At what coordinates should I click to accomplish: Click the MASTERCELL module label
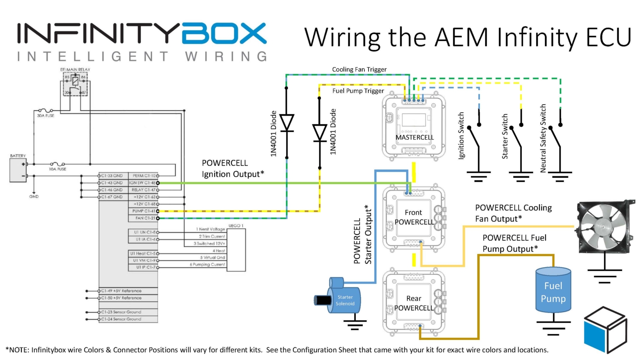[x=414, y=137]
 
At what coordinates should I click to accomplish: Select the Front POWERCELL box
[x=414, y=217]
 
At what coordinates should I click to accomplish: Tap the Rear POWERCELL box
[x=414, y=303]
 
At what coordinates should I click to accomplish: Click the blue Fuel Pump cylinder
[x=553, y=290]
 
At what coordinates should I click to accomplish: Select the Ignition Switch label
[x=461, y=135]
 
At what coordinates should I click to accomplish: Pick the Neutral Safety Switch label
[x=543, y=138]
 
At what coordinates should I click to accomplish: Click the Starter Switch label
[x=505, y=136]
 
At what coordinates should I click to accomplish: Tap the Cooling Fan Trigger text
[x=359, y=70]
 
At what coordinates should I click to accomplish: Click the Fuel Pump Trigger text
[x=358, y=91]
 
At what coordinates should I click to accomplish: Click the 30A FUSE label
[x=45, y=115]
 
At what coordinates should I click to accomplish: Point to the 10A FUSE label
[x=57, y=169]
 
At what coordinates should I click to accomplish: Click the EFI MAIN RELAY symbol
[x=75, y=84]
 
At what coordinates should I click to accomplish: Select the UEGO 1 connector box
[x=236, y=249]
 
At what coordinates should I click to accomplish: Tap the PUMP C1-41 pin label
[x=143, y=211]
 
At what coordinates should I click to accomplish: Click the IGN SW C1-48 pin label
[x=142, y=183]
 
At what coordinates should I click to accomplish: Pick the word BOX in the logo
[x=224, y=33]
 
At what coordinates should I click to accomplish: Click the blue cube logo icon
[x=605, y=329]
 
